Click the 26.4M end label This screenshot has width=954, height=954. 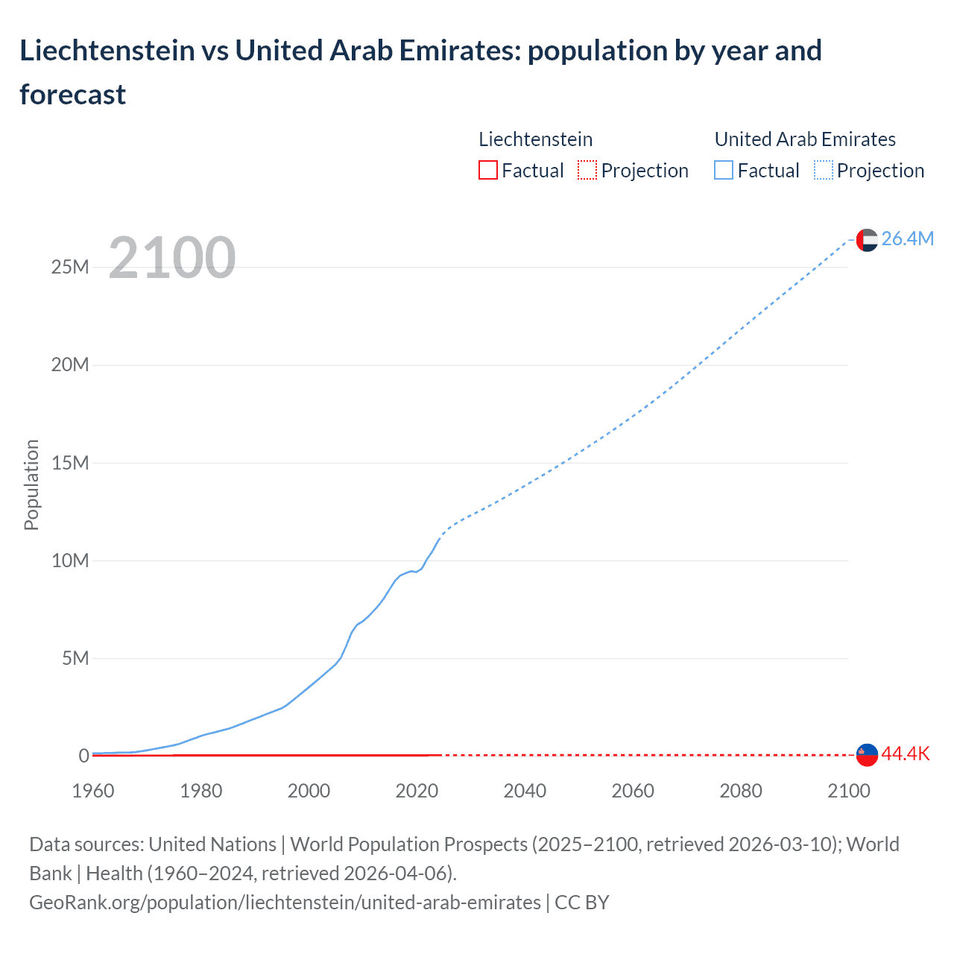coord(907,238)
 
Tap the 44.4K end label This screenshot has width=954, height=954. coord(906,754)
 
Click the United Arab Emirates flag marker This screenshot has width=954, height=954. coord(867,240)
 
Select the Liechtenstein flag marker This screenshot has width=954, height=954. coord(867,755)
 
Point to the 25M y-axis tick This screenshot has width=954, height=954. coord(70,267)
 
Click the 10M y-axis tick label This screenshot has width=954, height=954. coord(70,560)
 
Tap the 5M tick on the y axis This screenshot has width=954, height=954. coord(75,658)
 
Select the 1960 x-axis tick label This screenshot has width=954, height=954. coord(93,791)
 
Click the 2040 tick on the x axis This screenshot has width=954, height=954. coord(525,791)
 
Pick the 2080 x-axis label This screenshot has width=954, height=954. coord(741,791)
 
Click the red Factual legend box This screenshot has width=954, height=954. coord(487,171)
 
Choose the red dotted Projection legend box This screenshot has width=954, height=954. coord(587,171)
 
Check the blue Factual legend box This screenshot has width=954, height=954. coord(724,171)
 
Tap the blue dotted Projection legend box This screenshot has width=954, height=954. coord(824,171)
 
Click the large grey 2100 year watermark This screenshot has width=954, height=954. coord(172,258)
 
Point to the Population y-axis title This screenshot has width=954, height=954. coord(31,484)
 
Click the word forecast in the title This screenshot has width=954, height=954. coord(73,95)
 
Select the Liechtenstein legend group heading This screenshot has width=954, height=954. coord(535,139)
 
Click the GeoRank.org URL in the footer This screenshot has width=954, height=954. coord(285,903)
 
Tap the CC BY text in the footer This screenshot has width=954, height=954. coord(582,903)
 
